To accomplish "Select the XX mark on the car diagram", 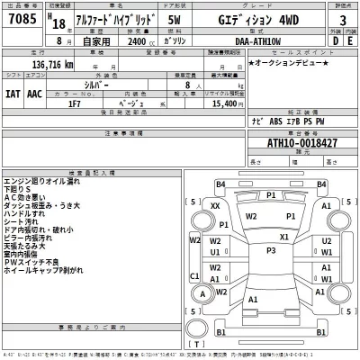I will pos(214,207).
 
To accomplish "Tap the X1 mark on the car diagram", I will pos(284,237).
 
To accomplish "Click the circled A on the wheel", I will pos(207,294).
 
